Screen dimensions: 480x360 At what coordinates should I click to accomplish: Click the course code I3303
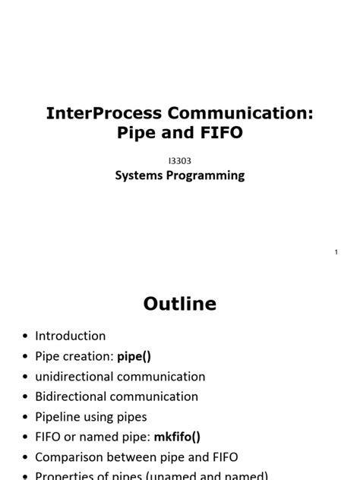pos(179,160)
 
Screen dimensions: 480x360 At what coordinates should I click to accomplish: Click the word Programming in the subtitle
pos(206,175)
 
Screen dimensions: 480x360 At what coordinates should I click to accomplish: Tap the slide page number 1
pos(336,251)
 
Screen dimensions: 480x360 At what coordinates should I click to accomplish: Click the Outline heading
pos(180,304)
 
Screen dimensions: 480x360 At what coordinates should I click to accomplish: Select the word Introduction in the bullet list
pos(71,336)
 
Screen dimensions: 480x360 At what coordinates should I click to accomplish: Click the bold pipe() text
pos(139,356)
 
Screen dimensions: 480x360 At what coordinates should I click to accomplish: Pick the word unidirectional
pos(74,376)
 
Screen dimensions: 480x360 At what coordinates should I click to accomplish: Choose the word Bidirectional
pos(71,396)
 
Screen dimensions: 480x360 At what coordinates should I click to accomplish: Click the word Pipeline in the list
pos(58,416)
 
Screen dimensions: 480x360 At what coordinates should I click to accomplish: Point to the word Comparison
pos(71,457)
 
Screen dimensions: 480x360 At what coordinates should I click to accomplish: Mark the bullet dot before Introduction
pos(25,336)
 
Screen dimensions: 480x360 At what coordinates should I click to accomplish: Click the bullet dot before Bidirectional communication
pos(25,397)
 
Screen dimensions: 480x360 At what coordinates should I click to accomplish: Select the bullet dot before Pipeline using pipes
pos(25,417)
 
